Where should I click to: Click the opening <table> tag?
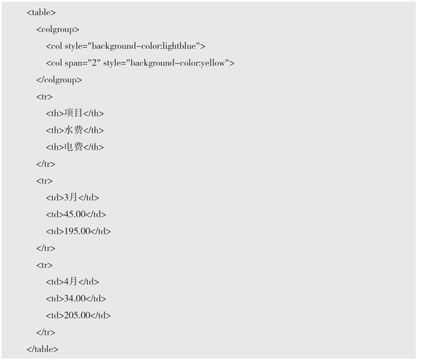click(x=41, y=13)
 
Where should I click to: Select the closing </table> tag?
click(x=43, y=349)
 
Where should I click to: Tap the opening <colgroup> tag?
click(x=58, y=29)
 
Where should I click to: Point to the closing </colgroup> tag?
click(x=59, y=80)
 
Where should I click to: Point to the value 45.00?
click(x=74, y=214)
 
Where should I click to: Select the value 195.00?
click(x=77, y=231)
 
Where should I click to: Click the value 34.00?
click(x=74, y=299)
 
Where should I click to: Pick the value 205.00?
click(x=77, y=315)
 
